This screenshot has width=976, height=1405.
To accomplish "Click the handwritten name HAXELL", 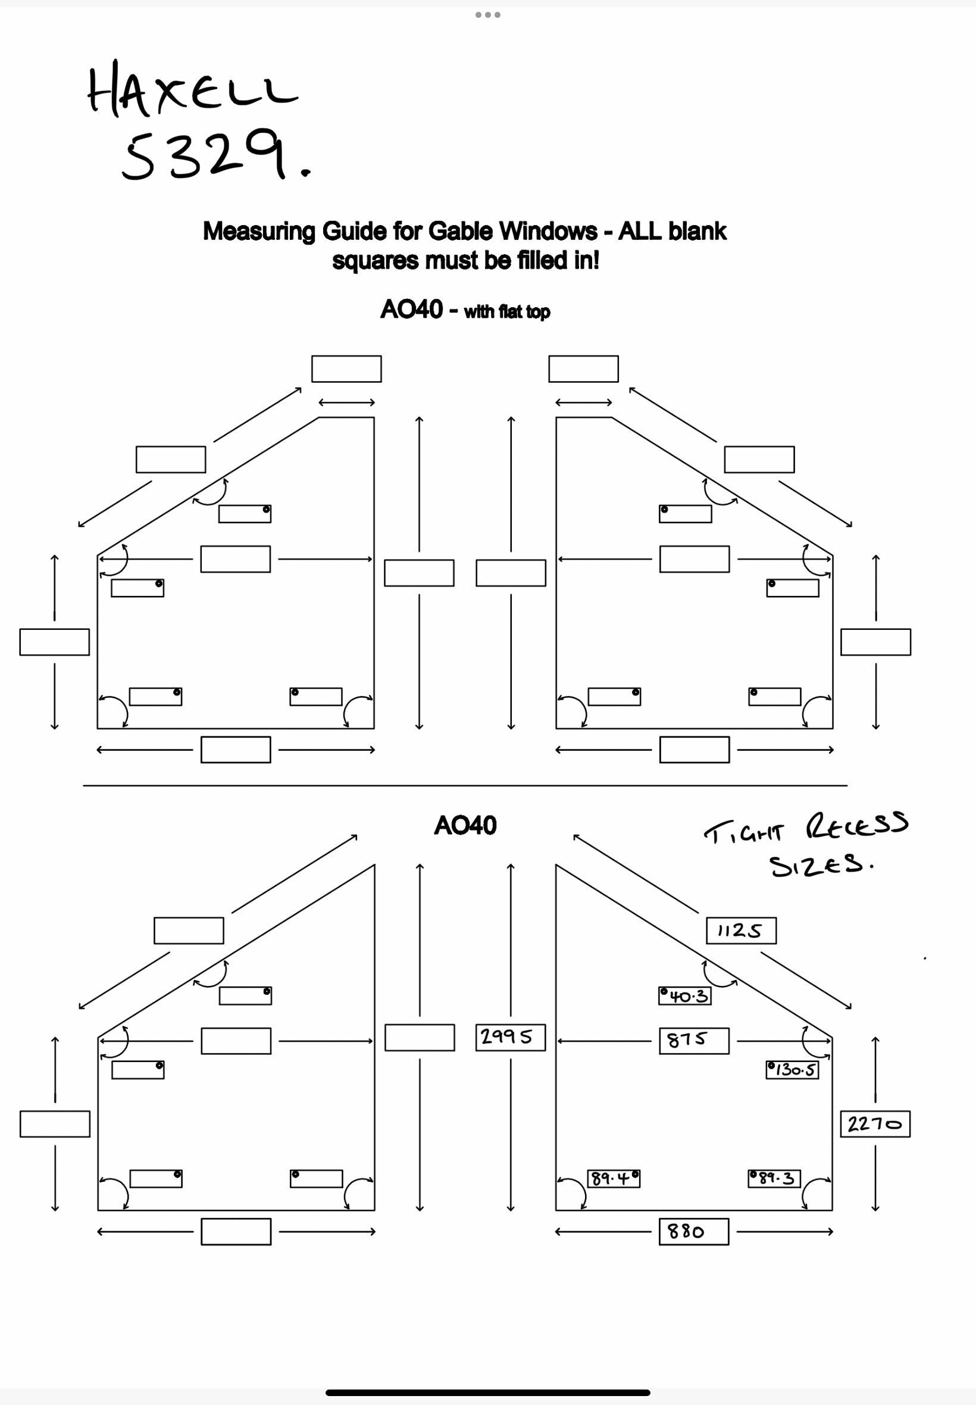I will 193,90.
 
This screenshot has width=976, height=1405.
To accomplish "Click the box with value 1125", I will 740,931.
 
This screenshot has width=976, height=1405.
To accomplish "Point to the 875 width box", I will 693,1041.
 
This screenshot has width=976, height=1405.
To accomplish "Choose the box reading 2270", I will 874,1123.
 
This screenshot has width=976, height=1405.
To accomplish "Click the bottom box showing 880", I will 693,1231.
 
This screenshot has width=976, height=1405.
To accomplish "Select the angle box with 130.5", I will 792,1070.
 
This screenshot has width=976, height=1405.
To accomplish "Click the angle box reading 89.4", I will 614,1178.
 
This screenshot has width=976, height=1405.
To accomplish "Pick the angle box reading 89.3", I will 774,1178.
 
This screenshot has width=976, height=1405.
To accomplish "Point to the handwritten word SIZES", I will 819,866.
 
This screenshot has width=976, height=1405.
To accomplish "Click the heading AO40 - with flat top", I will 465,310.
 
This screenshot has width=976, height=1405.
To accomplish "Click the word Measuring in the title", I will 259,231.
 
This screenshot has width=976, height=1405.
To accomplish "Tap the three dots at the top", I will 488,15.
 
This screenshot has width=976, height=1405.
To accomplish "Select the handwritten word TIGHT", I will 742,832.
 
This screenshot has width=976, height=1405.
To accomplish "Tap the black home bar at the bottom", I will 487,1392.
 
